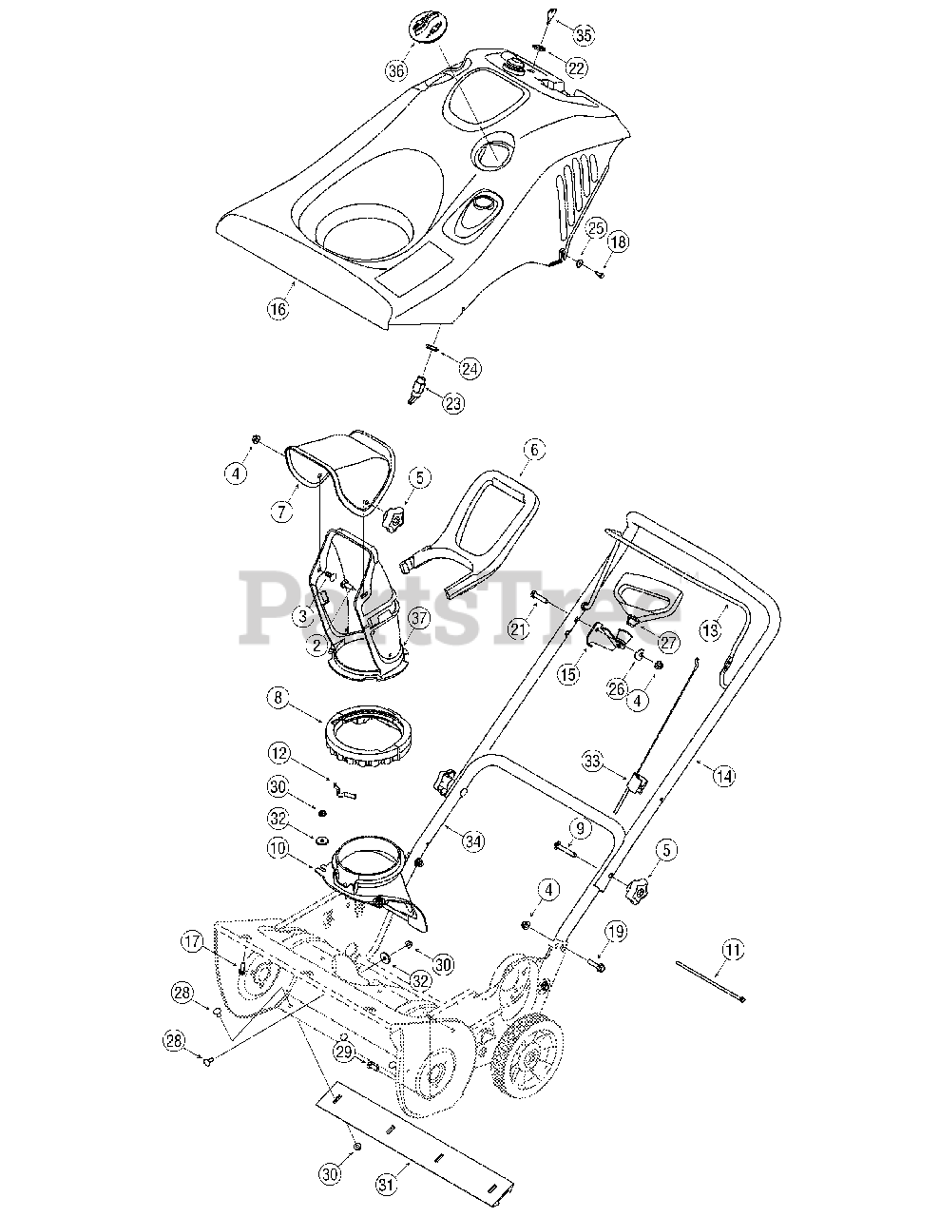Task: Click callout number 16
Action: pyautogui.click(x=277, y=309)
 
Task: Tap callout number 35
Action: pyautogui.click(x=584, y=35)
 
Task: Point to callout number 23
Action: pyautogui.click(x=454, y=402)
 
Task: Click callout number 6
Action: pyautogui.click(x=533, y=450)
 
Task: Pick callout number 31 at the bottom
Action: pyautogui.click(x=385, y=1184)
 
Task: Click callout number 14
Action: pyautogui.click(x=724, y=776)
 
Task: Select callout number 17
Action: pyautogui.click(x=194, y=942)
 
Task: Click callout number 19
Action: pyautogui.click(x=616, y=932)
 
